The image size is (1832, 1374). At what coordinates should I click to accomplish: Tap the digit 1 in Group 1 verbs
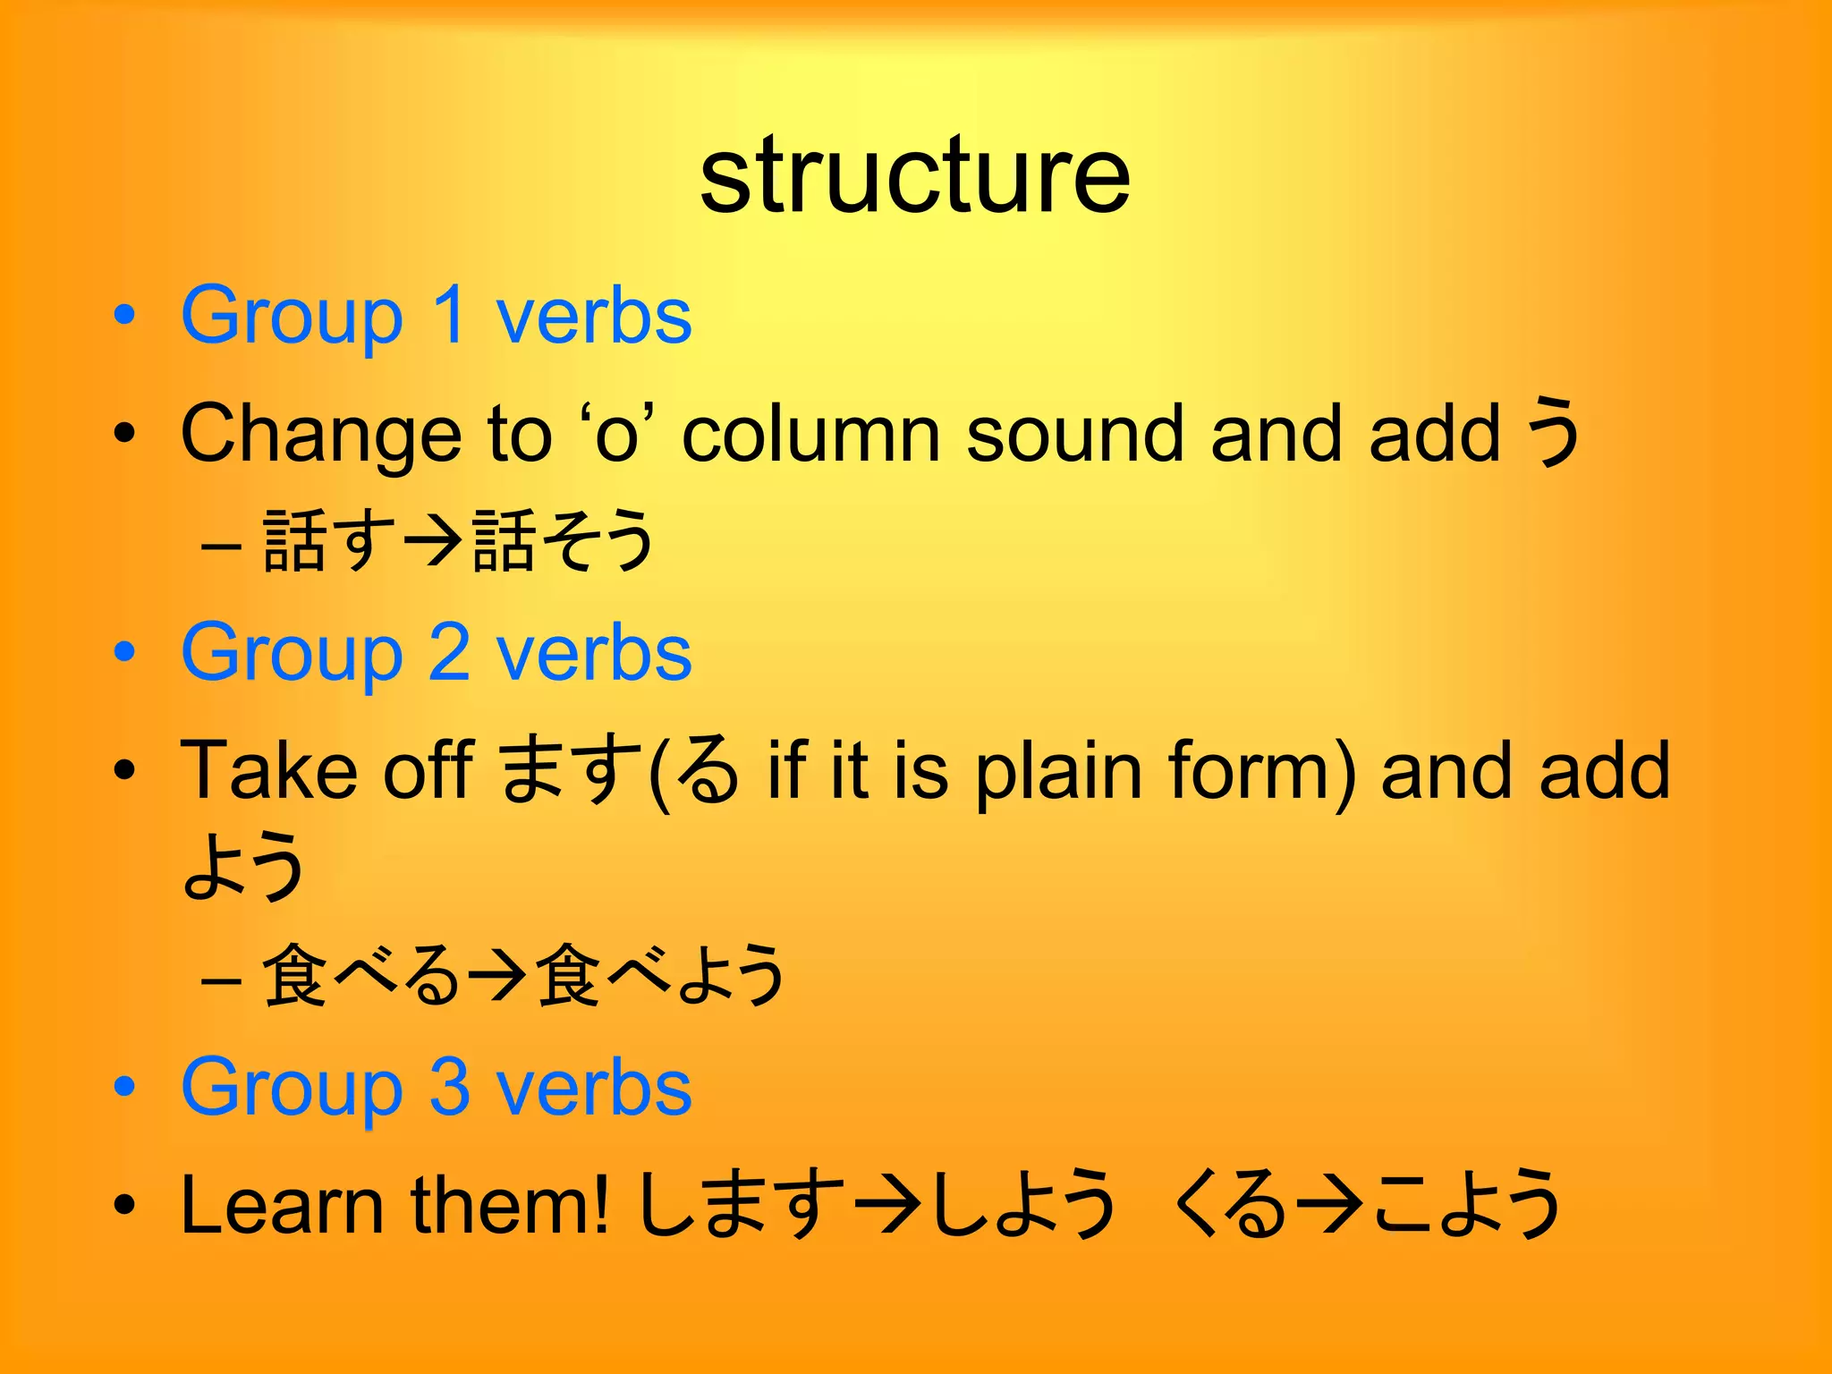(x=448, y=316)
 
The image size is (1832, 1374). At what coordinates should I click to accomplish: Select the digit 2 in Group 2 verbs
(x=449, y=653)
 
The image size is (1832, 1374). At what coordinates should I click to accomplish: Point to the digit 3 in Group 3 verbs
(x=449, y=1088)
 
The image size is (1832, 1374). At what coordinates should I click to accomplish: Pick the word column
(x=810, y=436)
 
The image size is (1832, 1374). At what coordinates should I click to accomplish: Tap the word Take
(x=268, y=770)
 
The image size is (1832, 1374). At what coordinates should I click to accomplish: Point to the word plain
(x=1058, y=772)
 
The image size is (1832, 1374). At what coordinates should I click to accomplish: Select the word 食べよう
(x=659, y=975)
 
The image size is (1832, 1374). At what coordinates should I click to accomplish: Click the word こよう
(x=1467, y=1204)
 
